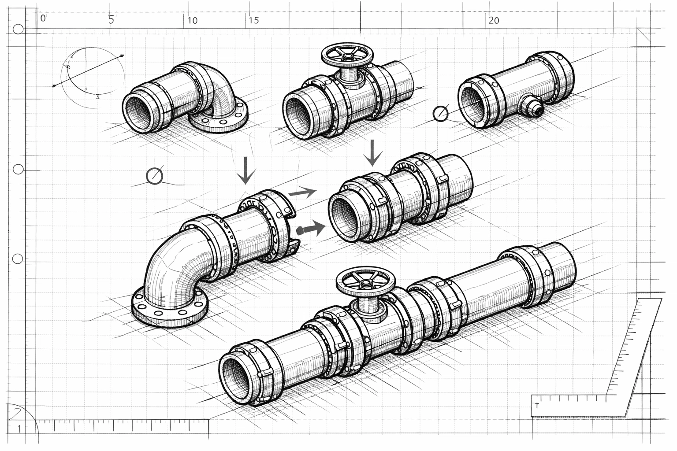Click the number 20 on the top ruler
(x=494, y=20)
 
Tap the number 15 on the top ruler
(x=253, y=20)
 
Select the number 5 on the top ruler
(x=111, y=20)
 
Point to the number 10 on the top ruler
(x=192, y=20)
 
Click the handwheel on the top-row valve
(x=348, y=55)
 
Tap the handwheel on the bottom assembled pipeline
(x=365, y=282)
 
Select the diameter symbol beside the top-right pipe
(x=440, y=114)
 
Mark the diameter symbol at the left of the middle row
(x=154, y=176)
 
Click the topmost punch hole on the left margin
(x=18, y=30)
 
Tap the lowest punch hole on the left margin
(x=18, y=259)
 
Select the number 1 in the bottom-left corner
(x=19, y=429)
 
